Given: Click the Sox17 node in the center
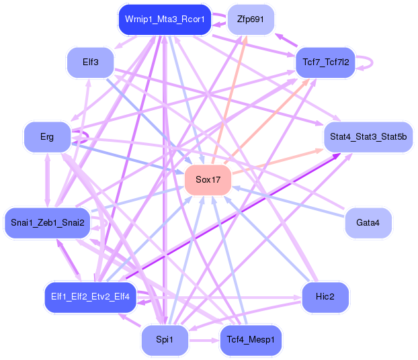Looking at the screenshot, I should point(208,179).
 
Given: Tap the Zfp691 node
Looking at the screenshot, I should point(251,19).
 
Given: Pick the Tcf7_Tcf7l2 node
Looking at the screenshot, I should point(325,62).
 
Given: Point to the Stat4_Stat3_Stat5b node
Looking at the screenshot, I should point(368,136).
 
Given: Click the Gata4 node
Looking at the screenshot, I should point(368,222).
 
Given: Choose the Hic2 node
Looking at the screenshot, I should point(325,297).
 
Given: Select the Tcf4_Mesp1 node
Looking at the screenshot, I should point(251,340).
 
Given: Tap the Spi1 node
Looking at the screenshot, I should point(165,340).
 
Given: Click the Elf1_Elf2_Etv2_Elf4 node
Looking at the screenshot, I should point(91,296).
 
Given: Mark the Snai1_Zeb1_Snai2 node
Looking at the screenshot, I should point(48,222).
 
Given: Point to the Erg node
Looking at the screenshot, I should point(47,136).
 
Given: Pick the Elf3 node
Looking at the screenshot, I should point(91,62).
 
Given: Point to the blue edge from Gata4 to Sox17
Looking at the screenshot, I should point(289,201).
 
